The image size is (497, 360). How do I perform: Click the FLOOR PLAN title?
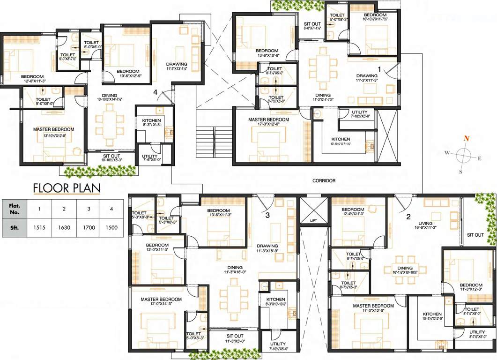pos(67,188)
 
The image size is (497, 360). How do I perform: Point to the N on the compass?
pos(466,138)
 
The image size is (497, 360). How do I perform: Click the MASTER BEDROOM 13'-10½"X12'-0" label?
pos(53,132)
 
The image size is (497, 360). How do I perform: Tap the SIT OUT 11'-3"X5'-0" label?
pos(235,338)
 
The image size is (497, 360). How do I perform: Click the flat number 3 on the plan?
pos(267,216)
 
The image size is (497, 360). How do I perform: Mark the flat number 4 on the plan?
pos(155,92)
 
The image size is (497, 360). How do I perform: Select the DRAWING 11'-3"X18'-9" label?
pos(267,248)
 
